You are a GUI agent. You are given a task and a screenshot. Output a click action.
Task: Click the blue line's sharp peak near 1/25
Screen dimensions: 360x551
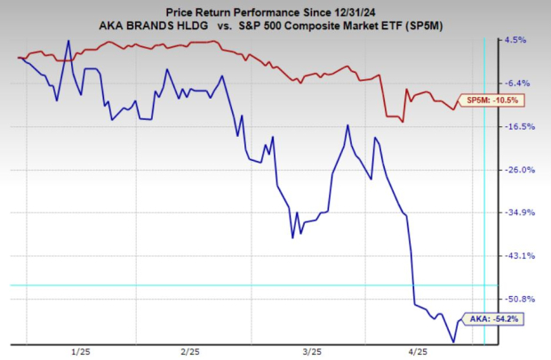coord(68,41)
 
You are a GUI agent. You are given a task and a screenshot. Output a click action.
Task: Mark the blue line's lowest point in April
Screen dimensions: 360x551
coord(453,341)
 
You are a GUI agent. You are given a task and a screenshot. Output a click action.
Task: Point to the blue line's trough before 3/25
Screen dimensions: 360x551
coord(292,237)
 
